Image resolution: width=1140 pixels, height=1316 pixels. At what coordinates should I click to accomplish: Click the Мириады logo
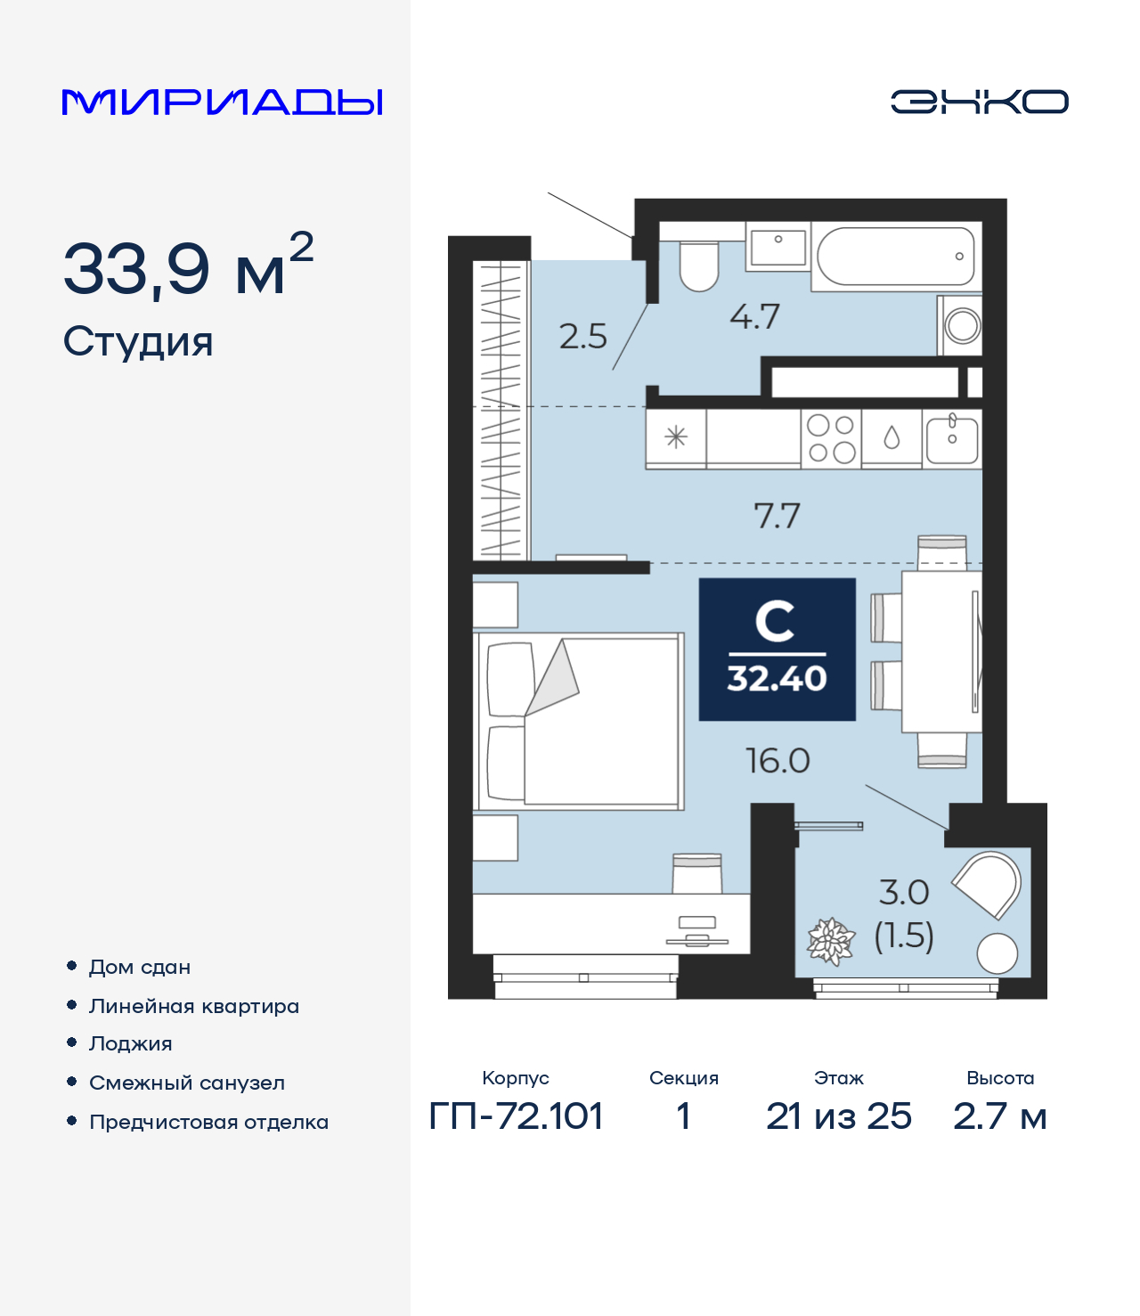click(222, 102)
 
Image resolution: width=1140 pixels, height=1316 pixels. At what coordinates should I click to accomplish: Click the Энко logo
click(979, 102)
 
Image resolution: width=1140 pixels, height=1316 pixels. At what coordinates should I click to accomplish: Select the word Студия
click(138, 342)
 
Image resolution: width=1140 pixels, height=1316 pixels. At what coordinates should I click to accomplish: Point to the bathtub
click(896, 257)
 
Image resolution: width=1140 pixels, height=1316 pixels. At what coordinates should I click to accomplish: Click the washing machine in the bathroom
click(961, 325)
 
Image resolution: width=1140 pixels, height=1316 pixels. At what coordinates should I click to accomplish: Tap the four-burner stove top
click(831, 438)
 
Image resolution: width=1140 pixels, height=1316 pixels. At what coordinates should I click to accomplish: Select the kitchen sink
click(952, 438)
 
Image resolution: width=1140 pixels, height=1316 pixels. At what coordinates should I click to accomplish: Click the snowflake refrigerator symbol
click(676, 437)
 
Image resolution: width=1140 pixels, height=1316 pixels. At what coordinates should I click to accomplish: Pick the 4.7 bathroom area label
click(754, 317)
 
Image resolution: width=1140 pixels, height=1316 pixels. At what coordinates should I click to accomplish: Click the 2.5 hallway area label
click(582, 337)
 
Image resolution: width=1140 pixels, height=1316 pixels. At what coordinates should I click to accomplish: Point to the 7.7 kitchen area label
click(777, 516)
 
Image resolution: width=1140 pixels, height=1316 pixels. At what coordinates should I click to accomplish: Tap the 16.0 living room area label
click(778, 761)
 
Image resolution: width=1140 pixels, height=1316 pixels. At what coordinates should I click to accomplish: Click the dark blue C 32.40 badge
click(777, 650)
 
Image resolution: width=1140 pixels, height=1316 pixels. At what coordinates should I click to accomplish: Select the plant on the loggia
click(831, 941)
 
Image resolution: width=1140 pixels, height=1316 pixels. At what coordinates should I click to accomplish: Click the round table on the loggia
click(997, 953)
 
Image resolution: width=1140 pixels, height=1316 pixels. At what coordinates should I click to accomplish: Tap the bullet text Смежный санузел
click(187, 1083)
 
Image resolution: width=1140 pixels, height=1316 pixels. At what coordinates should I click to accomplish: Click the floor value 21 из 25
click(838, 1116)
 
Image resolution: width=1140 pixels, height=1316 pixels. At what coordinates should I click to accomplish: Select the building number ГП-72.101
click(516, 1116)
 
